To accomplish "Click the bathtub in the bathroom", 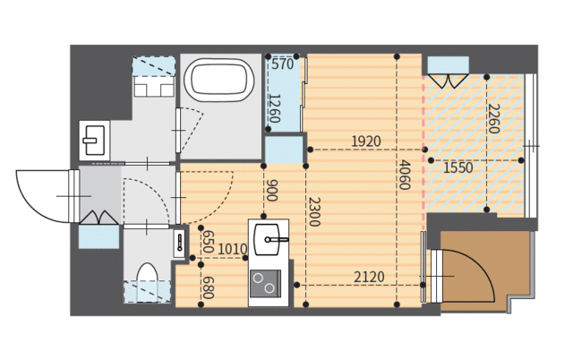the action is pyautogui.click(x=218, y=80).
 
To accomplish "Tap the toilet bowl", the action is pyautogui.click(x=147, y=275).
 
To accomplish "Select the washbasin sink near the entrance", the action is pyautogui.click(x=95, y=141).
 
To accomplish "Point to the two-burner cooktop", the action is pyautogui.click(x=265, y=283).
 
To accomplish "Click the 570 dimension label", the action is pyautogui.click(x=283, y=64).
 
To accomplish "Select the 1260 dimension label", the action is pyautogui.click(x=275, y=108).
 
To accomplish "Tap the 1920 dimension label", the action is pyautogui.click(x=366, y=141).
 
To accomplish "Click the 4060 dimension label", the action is pyautogui.click(x=404, y=175).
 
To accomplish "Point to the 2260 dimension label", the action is pyautogui.click(x=493, y=118).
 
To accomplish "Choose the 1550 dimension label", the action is pyautogui.click(x=458, y=167).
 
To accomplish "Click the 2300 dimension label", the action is pyautogui.click(x=314, y=212).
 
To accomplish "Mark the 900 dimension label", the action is pyautogui.click(x=271, y=191).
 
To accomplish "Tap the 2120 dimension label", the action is pyautogui.click(x=369, y=277).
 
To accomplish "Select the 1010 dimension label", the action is pyautogui.click(x=233, y=250).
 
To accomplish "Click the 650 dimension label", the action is pyautogui.click(x=208, y=242).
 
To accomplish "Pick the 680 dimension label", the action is pyautogui.click(x=208, y=287).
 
